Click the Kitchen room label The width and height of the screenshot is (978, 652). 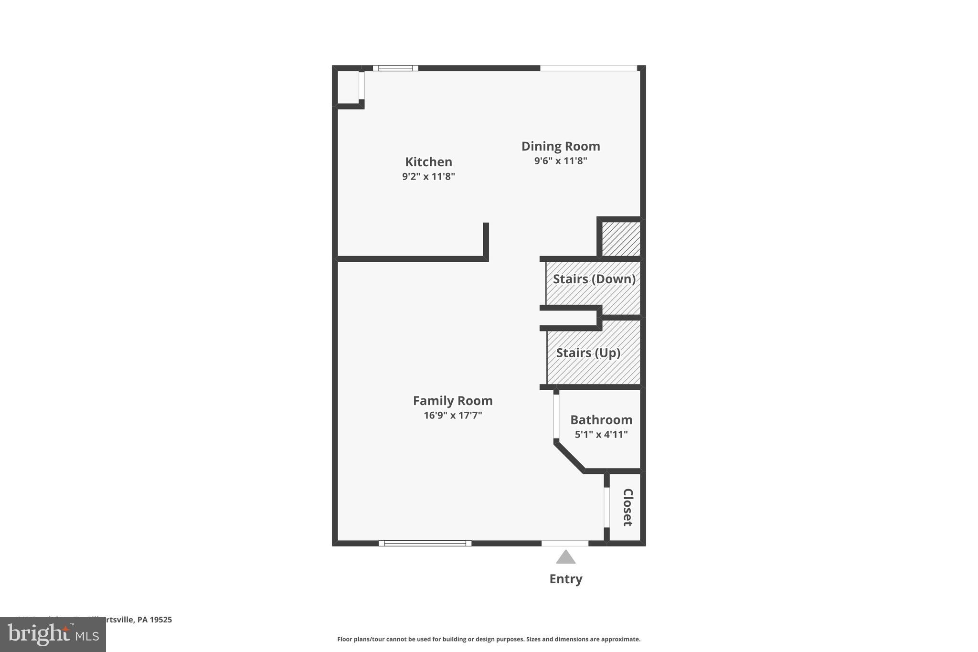[428, 161]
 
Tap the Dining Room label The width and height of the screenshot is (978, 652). [560, 146]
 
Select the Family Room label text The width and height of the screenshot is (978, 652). [452, 400]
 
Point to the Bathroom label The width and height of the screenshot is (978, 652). [601, 419]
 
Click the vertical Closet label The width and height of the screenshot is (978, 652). [627, 507]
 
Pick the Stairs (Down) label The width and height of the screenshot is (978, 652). [594, 278]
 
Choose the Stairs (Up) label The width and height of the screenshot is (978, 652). [588, 353]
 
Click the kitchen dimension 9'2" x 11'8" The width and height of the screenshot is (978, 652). [428, 176]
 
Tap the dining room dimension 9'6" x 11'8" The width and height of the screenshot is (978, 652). [560, 160]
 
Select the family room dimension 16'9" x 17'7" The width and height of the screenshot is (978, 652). [452, 415]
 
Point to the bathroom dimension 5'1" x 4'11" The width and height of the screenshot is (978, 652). [601, 434]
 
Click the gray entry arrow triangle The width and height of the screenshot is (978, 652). [565, 557]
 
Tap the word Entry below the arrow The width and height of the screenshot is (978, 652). [565, 579]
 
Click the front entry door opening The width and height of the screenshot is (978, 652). [564, 543]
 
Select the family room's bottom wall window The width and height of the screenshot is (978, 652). [425, 543]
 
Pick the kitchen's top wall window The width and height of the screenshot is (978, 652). [395, 68]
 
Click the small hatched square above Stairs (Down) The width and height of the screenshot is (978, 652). [620, 239]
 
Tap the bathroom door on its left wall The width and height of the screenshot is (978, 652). [556, 416]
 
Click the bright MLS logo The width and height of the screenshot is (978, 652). [53, 635]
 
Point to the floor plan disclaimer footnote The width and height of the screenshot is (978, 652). [489, 639]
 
